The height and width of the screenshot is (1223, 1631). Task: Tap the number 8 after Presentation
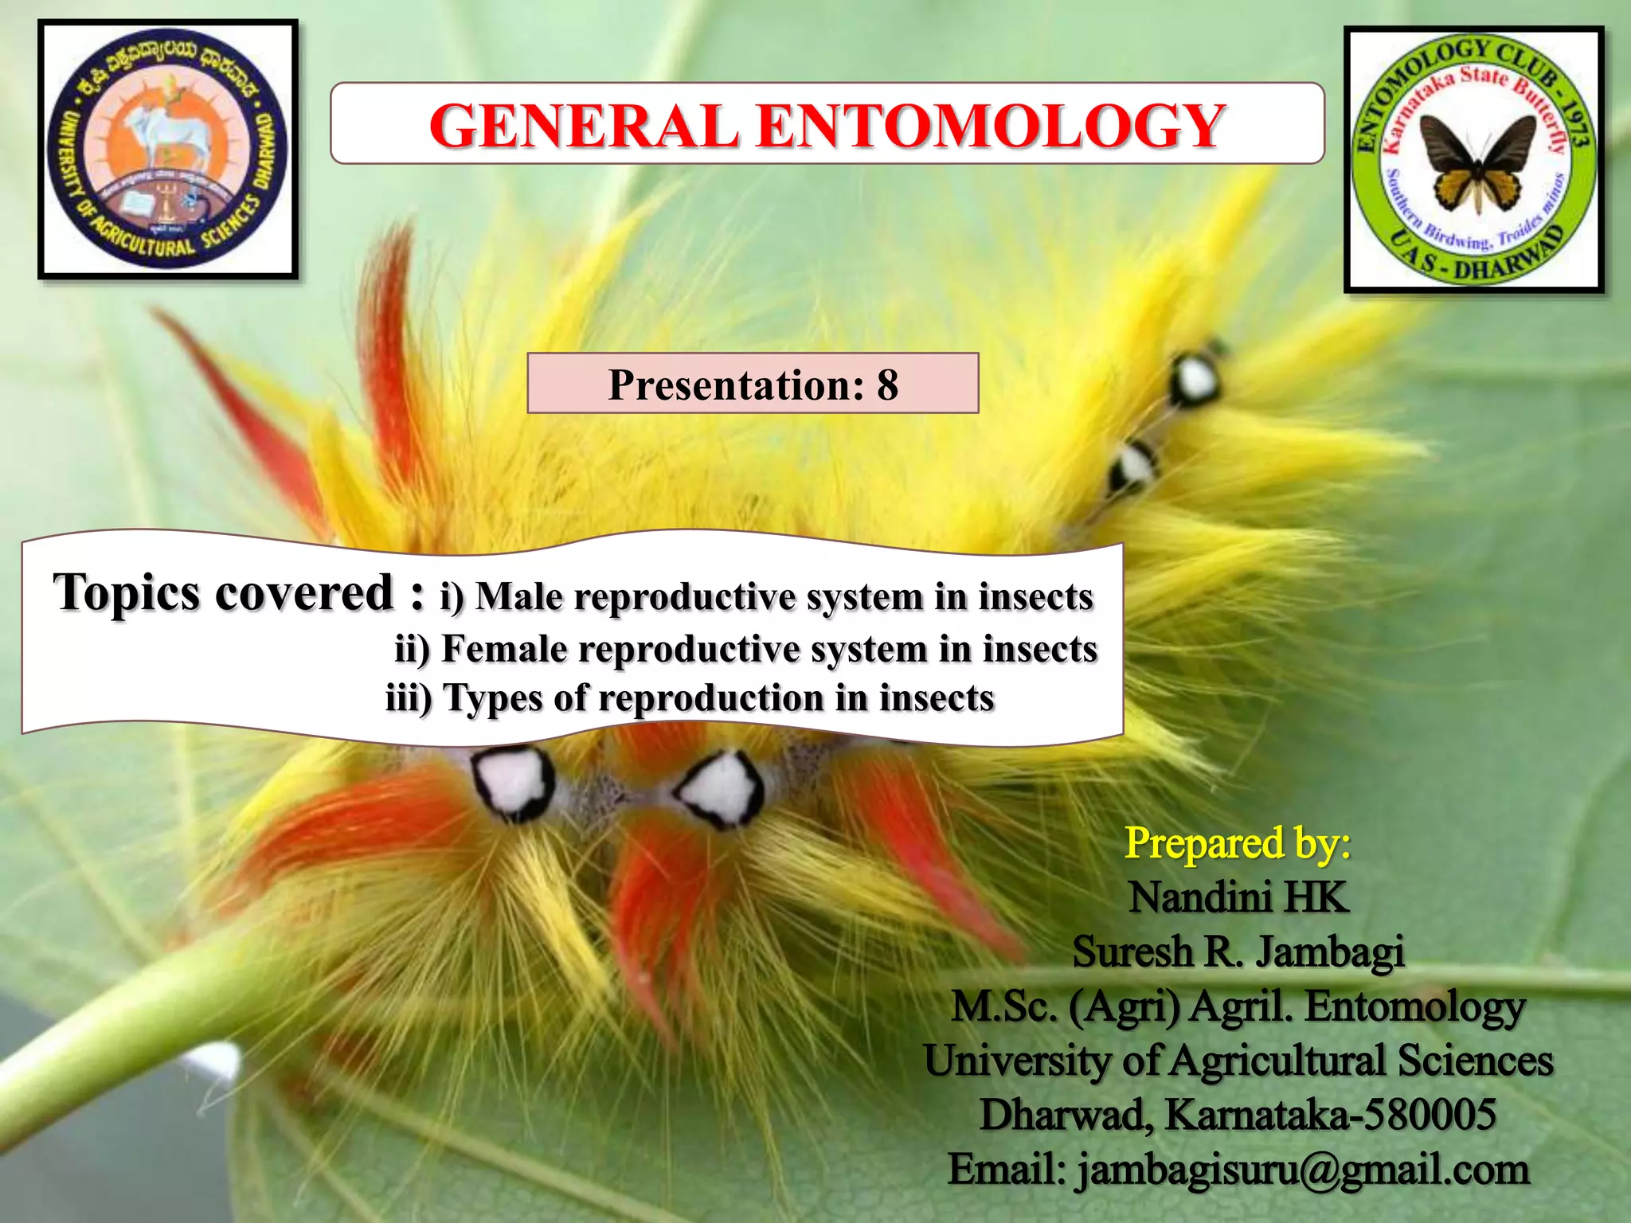tap(887, 385)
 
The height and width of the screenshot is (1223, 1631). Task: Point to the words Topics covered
tap(225, 593)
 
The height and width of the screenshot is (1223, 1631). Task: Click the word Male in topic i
tap(518, 596)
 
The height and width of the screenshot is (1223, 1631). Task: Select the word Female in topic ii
tap(504, 649)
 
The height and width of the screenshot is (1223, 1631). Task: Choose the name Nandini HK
tap(1238, 897)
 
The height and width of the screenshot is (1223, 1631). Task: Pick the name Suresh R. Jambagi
tap(1238, 951)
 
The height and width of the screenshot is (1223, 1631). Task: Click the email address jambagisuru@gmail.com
tap(1303, 1170)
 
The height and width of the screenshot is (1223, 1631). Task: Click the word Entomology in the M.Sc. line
tap(1414, 1006)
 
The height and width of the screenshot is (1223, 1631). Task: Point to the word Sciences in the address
tap(1474, 1061)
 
